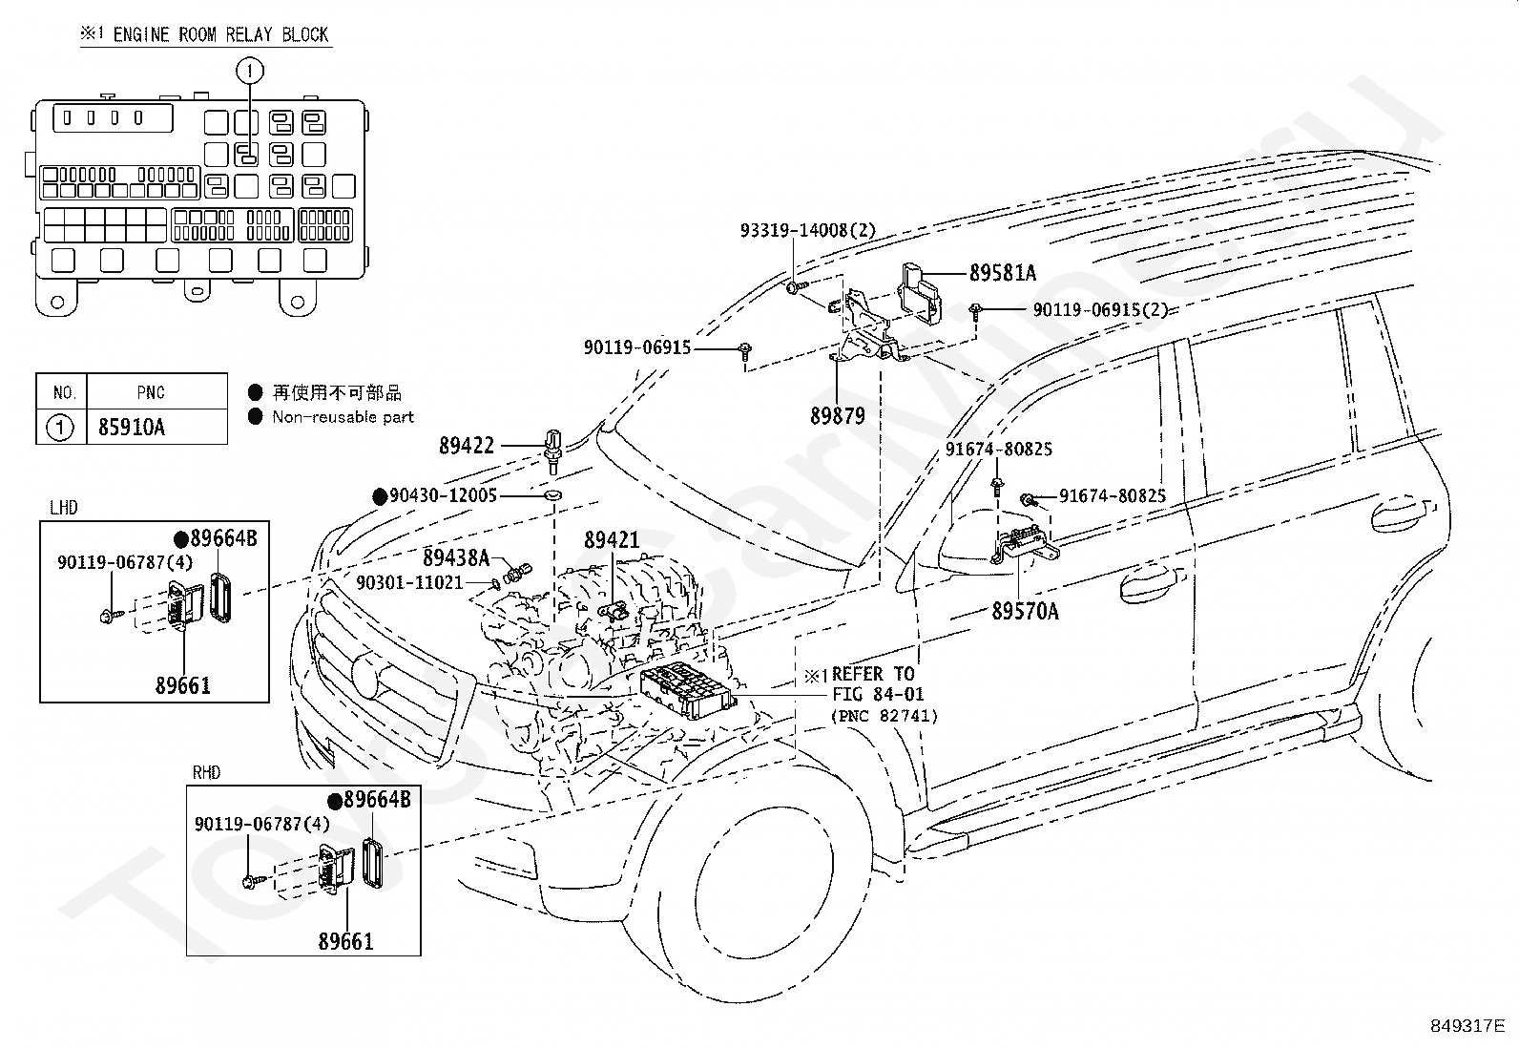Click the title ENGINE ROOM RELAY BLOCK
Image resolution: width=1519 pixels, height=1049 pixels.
(x=220, y=34)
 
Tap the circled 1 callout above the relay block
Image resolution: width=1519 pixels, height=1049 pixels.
(x=250, y=71)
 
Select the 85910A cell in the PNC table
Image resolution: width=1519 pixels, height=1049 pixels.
(x=132, y=427)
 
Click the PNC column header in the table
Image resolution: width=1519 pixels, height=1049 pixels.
(x=151, y=393)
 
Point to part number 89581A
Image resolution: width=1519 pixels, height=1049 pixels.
(x=1002, y=273)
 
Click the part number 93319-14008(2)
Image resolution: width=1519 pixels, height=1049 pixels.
(x=807, y=231)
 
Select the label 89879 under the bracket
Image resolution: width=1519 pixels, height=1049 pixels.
(x=838, y=415)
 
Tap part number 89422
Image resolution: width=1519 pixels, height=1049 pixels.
(x=467, y=446)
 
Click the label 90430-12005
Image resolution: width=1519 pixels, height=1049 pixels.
(x=443, y=495)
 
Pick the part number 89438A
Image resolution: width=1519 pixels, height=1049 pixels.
(x=456, y=557)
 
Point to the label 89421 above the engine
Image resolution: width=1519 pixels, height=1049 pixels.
(x=612, y=540)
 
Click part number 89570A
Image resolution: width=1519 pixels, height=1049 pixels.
(x=1025, y=611)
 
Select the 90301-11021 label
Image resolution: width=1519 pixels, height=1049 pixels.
(x=409, y=582)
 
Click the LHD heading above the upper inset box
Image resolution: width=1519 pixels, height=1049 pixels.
(x=64, y=508)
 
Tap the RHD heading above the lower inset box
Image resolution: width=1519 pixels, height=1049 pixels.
(x=206, y=772)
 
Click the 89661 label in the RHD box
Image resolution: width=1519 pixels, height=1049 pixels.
(x=345, y=941)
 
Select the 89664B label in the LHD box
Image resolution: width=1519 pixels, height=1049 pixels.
(x=224, y=538)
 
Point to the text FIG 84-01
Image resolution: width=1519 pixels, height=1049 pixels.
(x=878, y=694)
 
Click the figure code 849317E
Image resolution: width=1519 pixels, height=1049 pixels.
(x=1467, y=1025)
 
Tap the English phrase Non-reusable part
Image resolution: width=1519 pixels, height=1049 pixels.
(x=343, y=416)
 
